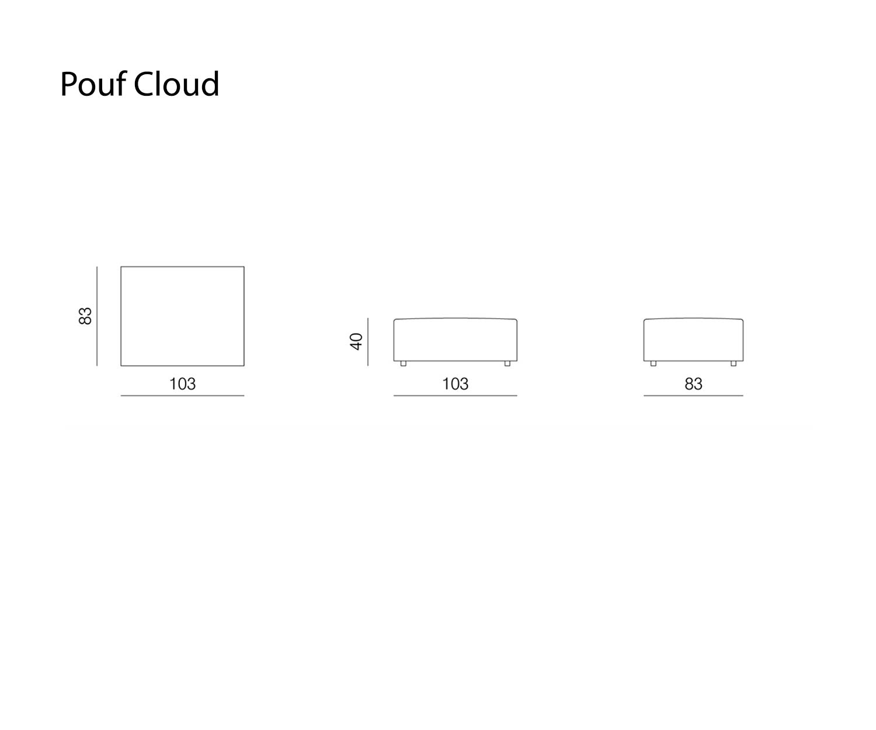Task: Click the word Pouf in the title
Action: pyautogui.click(x=93, y=84)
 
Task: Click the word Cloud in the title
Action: pyautogui.click(x=176, y=84)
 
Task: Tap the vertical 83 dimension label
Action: pyautogui.click(x=85, y=316)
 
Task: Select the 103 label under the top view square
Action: pyautogui.click(x=182, y=384)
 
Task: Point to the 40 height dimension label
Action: pyautogui.click(x=356, y=342)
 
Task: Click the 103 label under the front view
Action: pyautogui.click(x=455, y=384)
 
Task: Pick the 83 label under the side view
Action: pyautogui.click(x=694, y=384)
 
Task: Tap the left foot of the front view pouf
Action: pyautogui.click(x=403, y=364)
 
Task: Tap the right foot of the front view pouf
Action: pyautogui.click(x=507, y=364)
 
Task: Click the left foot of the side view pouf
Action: pyautogui.click(x=653, y=364)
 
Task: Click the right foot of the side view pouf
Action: pyautogui.click(x=734, y=364)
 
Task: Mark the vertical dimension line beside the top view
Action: pyautogui.click(x=97, y=316)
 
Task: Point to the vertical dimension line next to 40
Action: pyautogui.click(x=368, y=342)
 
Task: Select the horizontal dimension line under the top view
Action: pyautogui.click(x=182, y=395)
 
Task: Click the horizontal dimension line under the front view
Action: pyautogui.click(x=455, y=395)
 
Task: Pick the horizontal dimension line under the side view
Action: pyautogui.click(x=694, y=395)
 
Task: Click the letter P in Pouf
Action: pyautogui.click(x=69, y=84)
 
